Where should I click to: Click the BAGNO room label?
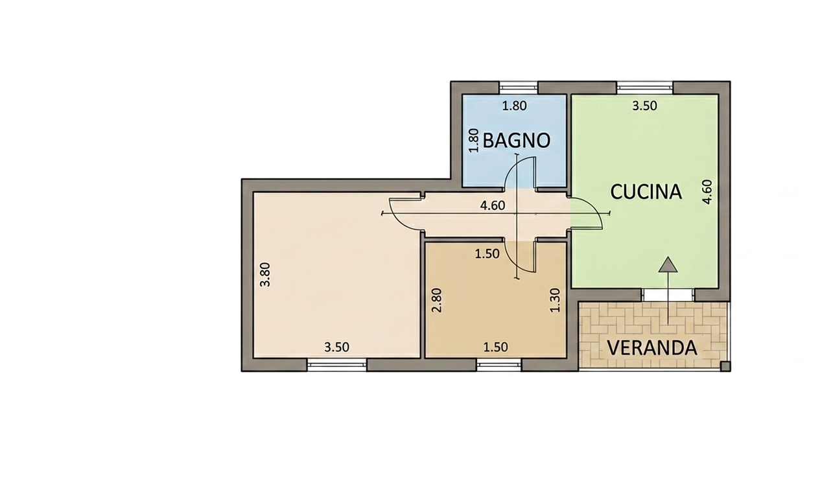tap(517, 141)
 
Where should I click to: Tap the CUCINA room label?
tap(646, 192)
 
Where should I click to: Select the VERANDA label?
tap(652, 348)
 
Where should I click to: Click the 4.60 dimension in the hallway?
tap(493, 205)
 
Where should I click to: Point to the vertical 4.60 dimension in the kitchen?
tap(708, 192)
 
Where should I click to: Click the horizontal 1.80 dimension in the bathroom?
tap(514, 106)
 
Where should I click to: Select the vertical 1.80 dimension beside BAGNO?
tap(473, 140)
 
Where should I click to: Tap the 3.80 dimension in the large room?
tap(264, 275)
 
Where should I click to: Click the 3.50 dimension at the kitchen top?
tap(644, 106)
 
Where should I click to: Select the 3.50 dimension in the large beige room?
tap(337, 347)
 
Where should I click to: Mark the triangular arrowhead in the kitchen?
tap(668, 264)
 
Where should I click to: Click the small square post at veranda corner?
tap(725, 366)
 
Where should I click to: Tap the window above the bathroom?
tap(519, 88)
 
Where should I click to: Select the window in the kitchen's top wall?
tap(645, 88)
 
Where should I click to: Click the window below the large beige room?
tap(337, 365)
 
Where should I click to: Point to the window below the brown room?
tap(499, 365)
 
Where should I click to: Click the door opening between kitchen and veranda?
tap(668, 295)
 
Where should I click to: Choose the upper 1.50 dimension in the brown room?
tap(487, 253)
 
